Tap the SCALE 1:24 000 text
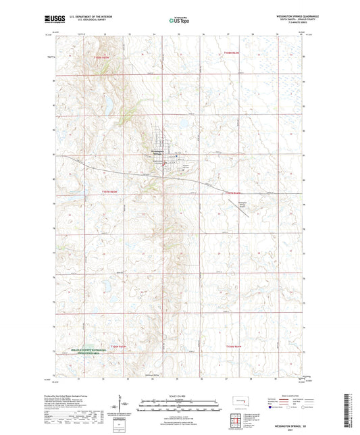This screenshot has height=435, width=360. tap(179, 395)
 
